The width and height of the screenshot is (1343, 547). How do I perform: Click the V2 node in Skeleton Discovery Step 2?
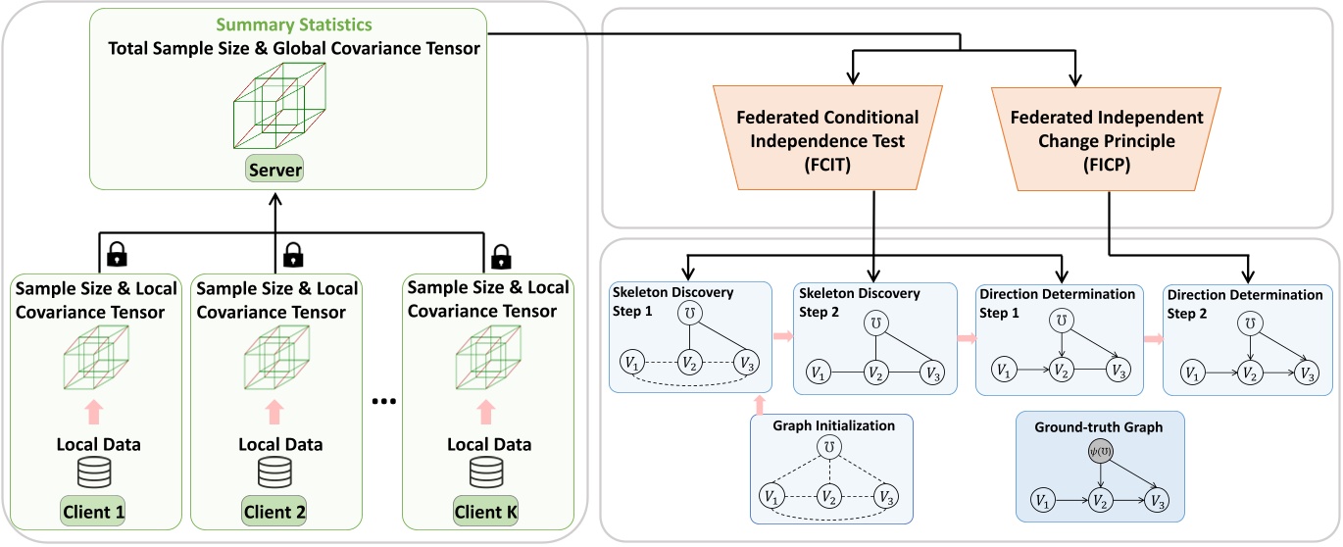click(873, 373)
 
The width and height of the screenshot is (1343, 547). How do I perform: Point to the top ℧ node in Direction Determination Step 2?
click(1245, 323)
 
